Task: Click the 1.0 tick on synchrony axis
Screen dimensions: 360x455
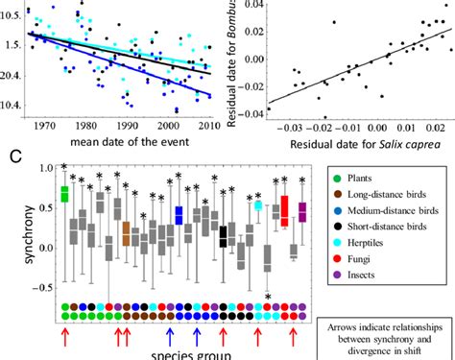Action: coord(40,168)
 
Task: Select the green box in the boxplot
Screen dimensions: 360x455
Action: coord(64,194)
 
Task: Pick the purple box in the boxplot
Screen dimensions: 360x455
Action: coord(303,211)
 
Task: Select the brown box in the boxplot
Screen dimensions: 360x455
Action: coord(126,233)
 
